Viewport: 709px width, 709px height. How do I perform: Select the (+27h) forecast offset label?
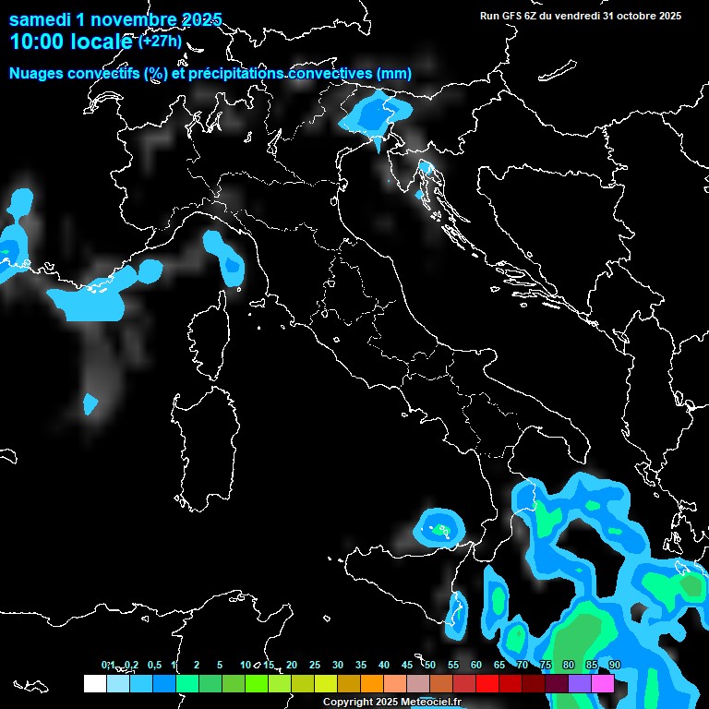[x=161, y=42]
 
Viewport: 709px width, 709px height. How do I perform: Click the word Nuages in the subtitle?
[x=38, y=74]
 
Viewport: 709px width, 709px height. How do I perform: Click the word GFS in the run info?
[x=515, y=16]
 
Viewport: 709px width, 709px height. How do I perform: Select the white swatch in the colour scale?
[x=94, y=683]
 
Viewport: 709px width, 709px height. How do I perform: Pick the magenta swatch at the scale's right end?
[x=603, y=683]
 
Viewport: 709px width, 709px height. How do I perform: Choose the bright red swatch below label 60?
[x=487, y=683]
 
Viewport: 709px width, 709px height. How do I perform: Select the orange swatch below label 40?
[x=372, y=683]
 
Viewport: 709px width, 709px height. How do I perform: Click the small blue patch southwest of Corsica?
[x=90, y=403]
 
